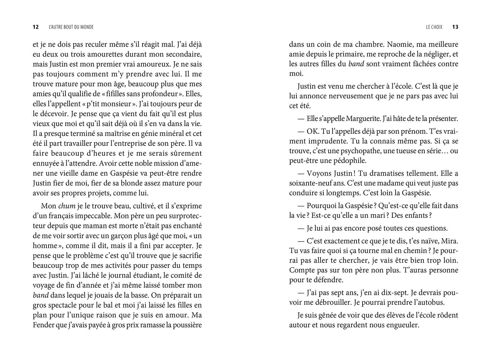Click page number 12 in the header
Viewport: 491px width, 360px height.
(x=36, y=27)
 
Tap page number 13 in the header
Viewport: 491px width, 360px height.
(x=455, y=27)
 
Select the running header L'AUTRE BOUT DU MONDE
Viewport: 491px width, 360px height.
(x=71, y=27)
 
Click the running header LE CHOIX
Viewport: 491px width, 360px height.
(x=434, y=27)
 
